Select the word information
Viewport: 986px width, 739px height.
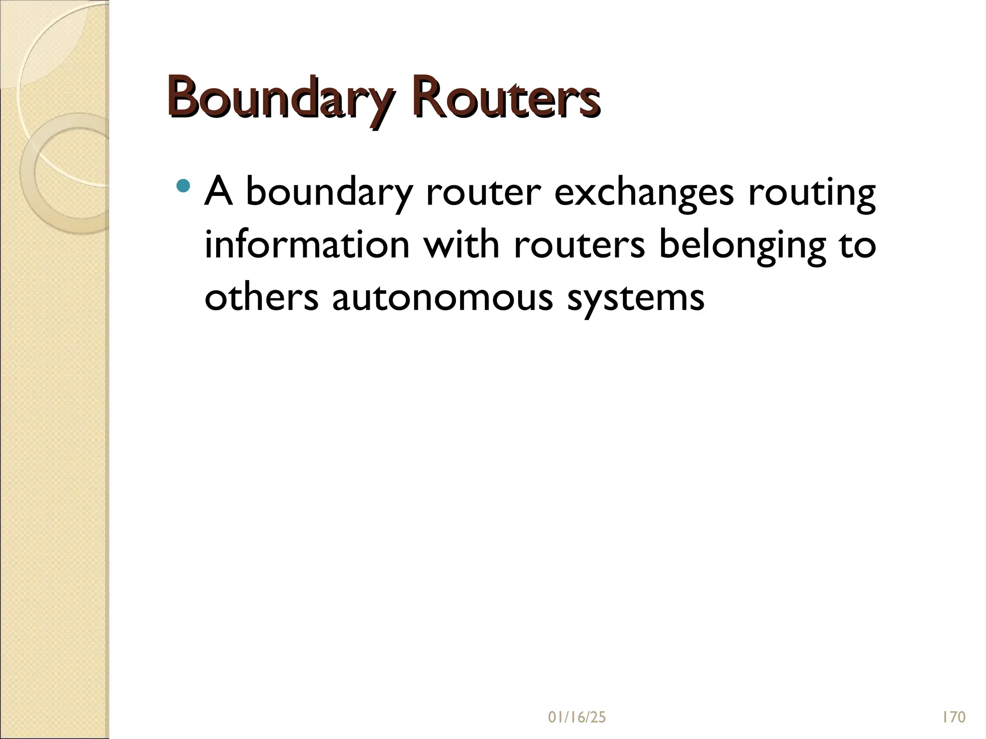coord(307,244)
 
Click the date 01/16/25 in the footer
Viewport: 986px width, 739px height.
coord(577,717)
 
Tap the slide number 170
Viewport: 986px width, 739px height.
coord(953,717)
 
